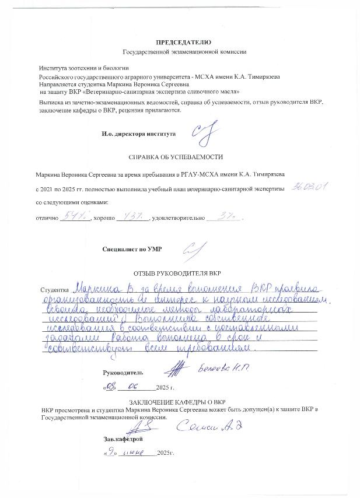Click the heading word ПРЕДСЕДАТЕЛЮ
pyautogui.click(x=180, y=43)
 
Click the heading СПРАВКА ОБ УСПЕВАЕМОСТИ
pyautogui.click(x=175, y=157)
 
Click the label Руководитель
pyautogui.click(x=122, y=371)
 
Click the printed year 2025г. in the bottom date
pyautogui.click(x=165, y=454)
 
